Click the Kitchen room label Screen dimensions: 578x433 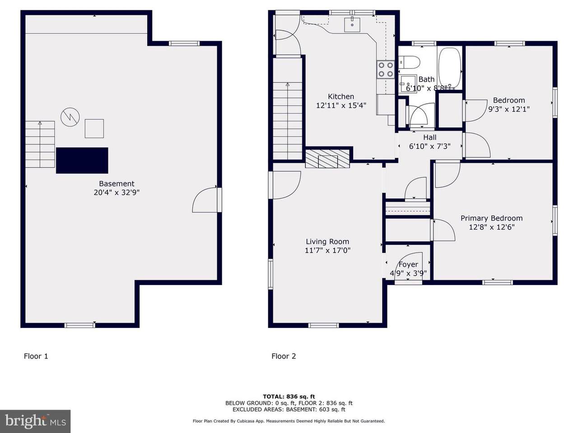coord(341,97)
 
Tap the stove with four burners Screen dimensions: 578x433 coord(385,69)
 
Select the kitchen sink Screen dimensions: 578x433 coord(352,24)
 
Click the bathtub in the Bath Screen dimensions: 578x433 coord(450,68)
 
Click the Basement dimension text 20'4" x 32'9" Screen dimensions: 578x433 coord(117,193)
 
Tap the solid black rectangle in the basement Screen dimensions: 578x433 coord(82,161)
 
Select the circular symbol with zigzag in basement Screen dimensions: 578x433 coord(70,117)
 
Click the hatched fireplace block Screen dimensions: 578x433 coord(327,159)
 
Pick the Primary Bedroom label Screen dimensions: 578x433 coord(491,218)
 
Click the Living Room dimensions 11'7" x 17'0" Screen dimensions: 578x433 coord(327,250)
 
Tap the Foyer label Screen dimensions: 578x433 coord(408,264)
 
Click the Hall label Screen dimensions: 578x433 coord(430,137)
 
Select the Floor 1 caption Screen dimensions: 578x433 coord(36,356)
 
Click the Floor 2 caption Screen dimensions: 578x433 coord(284,356)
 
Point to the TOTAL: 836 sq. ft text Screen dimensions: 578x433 coord(289,396)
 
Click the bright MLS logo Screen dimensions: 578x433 coord(35,421)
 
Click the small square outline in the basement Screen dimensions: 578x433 coord(94,129)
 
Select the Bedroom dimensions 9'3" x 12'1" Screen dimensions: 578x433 coord(509,109)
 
